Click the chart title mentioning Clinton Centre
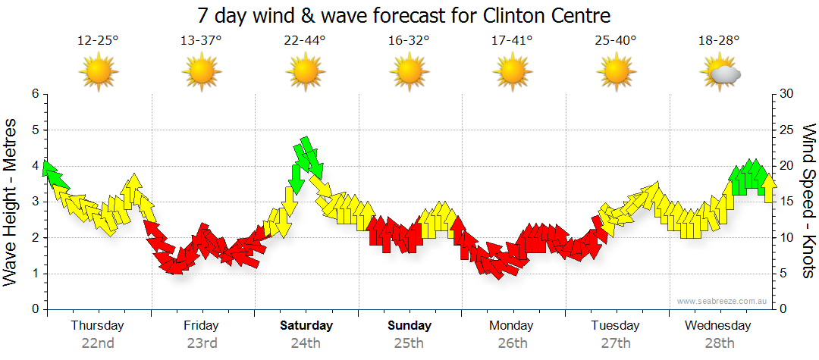click(x=403, y=15)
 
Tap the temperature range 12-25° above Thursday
click(x=98, y=40)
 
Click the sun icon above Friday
click(x=202, y=73)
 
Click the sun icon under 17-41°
click(x=513, y=73)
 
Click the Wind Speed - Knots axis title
click(x=808, y=201)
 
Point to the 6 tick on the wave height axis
click(x=35, y=94)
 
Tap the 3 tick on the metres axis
click(x=35, y=202)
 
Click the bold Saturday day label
click(x=306, y=326)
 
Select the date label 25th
click(x=409, y=343)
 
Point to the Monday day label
click(x=513, y=326)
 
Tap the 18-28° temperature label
click(x=720, y=40)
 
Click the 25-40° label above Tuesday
click(x=616, y=40)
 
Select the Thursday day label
click(x=98, y=326)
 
